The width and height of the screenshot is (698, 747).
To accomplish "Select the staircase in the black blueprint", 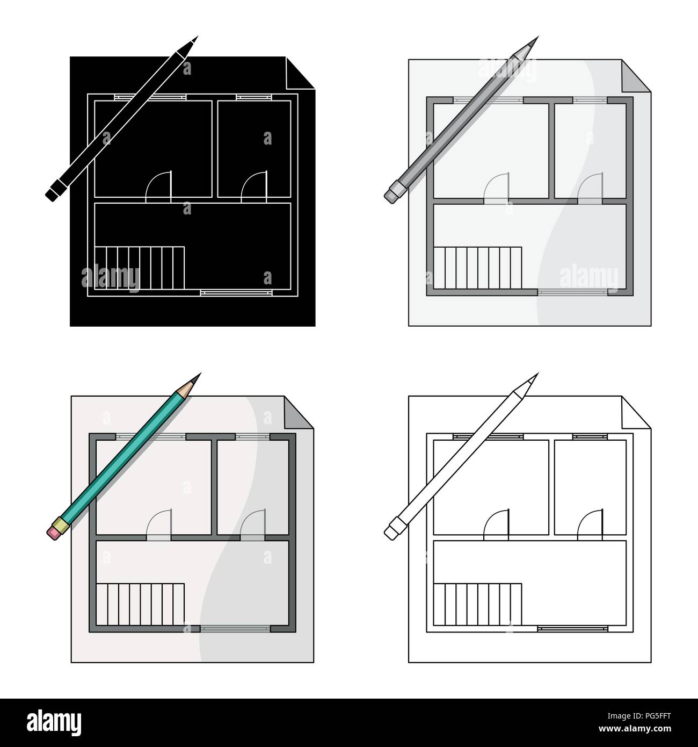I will [140, 270].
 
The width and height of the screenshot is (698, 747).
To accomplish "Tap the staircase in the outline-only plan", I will [477, 606].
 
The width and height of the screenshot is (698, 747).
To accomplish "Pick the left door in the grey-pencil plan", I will [496, 188].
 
